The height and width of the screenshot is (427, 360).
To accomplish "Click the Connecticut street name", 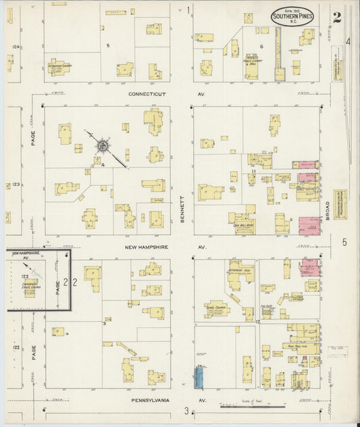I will pos(147,94).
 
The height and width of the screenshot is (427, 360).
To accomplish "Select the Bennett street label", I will pos(182,209).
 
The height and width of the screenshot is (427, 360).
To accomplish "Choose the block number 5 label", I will pos(107,45).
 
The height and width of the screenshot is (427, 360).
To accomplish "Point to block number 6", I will pos(261,45).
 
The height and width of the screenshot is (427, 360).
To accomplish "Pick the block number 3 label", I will pos(103,324).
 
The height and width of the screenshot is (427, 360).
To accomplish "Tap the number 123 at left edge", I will pos(15,184).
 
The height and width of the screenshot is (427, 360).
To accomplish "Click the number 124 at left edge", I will pos(15,47).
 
